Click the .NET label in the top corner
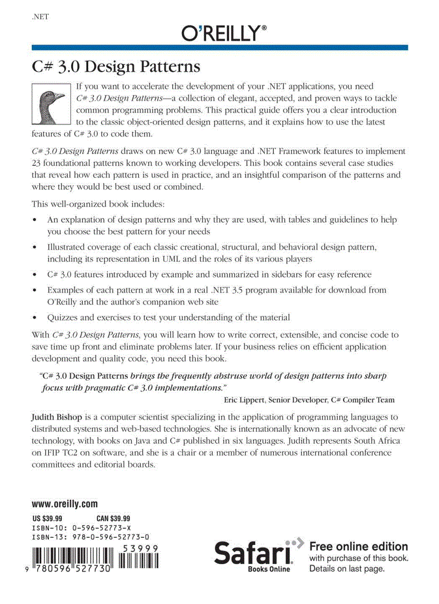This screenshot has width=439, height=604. coord(41,17)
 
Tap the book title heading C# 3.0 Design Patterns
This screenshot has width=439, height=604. coord(116,68)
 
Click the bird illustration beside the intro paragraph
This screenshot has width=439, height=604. coord(52,104)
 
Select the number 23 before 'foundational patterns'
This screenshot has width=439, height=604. coord(37,163)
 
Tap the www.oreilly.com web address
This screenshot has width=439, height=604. coord(65,504)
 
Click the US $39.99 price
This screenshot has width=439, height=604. coord(47,518)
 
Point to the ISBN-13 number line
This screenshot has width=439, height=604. coord(90,537)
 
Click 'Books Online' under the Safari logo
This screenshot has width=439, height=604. coord(268,569)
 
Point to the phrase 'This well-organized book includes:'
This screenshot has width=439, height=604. coord(98,204)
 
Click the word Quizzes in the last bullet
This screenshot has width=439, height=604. coord(63,317)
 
